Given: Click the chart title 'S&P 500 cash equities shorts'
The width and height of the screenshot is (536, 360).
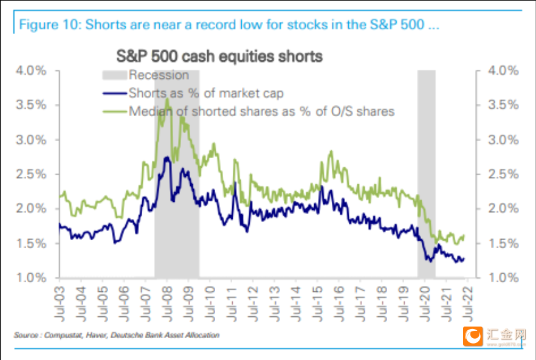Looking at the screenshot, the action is pos(219,56).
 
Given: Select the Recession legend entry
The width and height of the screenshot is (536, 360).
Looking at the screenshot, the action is pos(146,75).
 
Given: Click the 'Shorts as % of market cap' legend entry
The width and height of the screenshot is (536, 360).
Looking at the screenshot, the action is pos(193,93).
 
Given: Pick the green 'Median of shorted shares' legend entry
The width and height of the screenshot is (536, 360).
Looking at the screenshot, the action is pos(249,111).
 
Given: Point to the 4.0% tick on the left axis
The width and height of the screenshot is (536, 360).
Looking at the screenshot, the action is pos(31,71).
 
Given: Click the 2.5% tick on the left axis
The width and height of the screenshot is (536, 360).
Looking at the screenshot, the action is pos(31,174).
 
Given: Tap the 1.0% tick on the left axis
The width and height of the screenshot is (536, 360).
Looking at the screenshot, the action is pos(31,277).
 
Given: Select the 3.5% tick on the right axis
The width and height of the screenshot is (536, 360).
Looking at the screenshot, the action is pos(503,105).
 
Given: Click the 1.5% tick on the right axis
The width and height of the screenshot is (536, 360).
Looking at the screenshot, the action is pos(503,243).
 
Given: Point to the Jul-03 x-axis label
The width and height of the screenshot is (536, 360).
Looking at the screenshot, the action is pos(60,304).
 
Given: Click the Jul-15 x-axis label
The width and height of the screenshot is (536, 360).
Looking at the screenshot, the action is pos(318,304).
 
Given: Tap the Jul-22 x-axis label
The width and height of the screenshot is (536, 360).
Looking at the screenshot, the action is pos(468,304).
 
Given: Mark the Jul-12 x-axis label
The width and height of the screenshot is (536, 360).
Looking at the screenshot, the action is pos(253,304).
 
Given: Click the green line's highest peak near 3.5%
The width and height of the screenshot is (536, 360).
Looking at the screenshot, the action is pos(167,99).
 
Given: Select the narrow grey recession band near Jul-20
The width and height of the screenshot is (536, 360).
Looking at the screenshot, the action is pos(426,174).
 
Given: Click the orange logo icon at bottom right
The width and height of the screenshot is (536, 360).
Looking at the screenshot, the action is pos(473,336).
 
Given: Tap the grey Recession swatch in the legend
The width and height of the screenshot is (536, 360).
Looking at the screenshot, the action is pos(114,75).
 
